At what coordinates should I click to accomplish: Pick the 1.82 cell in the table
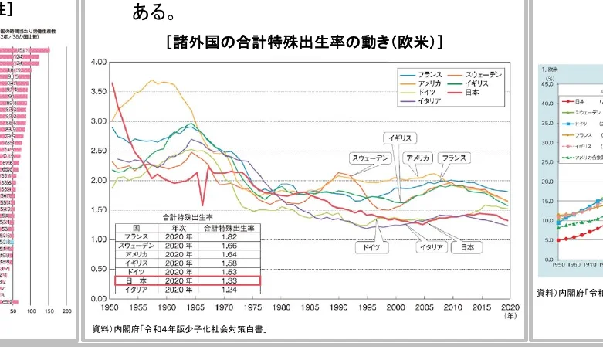(x=232, y=237)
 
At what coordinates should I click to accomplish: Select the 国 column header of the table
(x=137, y=227)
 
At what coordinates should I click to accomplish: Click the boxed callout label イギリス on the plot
(x=400, y=138)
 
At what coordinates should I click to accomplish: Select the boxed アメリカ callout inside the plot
(x=418, y=158)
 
